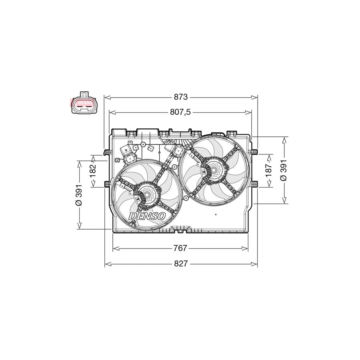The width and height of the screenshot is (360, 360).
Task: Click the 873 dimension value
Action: pyautogui.click(x=181, y=97)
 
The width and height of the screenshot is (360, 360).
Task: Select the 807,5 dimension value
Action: pyautogui.click(x=180, y=112)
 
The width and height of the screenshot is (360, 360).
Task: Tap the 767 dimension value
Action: pyautogui.click(x=180, y=248)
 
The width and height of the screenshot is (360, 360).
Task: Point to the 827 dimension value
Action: pyautogui.click(x=181, y=264)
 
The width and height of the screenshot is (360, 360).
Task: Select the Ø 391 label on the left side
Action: pyautogui.click(x=79, y=195)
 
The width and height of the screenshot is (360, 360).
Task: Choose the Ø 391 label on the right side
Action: pyautogui.click(x=284, y=170)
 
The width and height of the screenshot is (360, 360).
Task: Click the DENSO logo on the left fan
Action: pyautogui.click(x=147, y=216)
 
